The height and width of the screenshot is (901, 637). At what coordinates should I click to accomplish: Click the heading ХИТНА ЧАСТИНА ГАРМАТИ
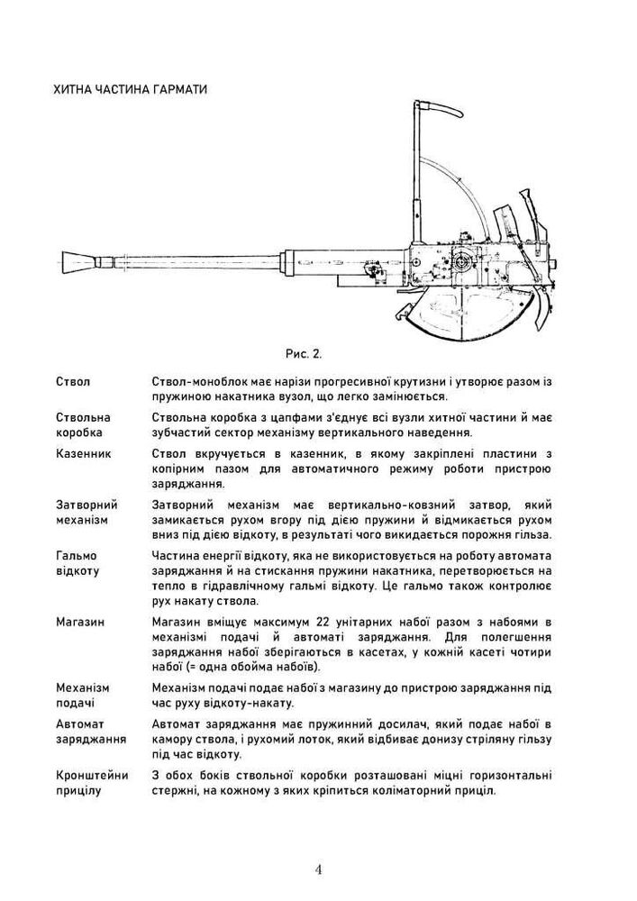click(x=131, y=91)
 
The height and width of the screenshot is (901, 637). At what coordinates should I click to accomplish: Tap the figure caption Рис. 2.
click(x=303, y=352)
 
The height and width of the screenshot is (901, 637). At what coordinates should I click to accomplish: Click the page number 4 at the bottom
click(x=319, y=869)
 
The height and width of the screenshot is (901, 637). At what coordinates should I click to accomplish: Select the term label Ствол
click(x=73, y=382)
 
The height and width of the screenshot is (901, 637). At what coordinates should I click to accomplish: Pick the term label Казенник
click(x=84, y=453)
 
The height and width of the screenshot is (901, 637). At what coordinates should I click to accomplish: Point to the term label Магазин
click(x=80, y=622)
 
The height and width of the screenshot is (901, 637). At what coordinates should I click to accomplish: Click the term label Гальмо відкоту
click(x=77, y=563)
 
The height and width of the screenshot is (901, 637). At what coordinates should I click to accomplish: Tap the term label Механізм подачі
click(x=82, y=695)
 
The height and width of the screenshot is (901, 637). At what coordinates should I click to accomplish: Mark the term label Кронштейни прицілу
click(x=92, y=783)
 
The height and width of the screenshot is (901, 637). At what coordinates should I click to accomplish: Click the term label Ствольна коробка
click(x=83, y=425)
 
